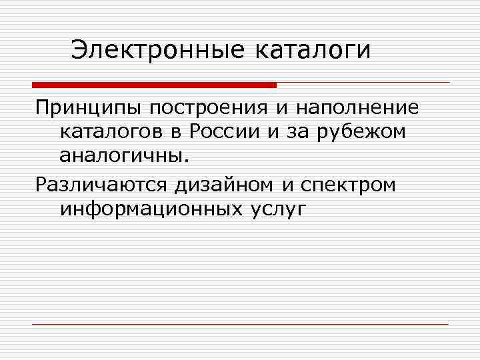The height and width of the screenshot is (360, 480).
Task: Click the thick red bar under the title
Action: click(x=154, y=85)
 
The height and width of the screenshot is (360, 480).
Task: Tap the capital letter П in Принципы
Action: click(x=43, y=107)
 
